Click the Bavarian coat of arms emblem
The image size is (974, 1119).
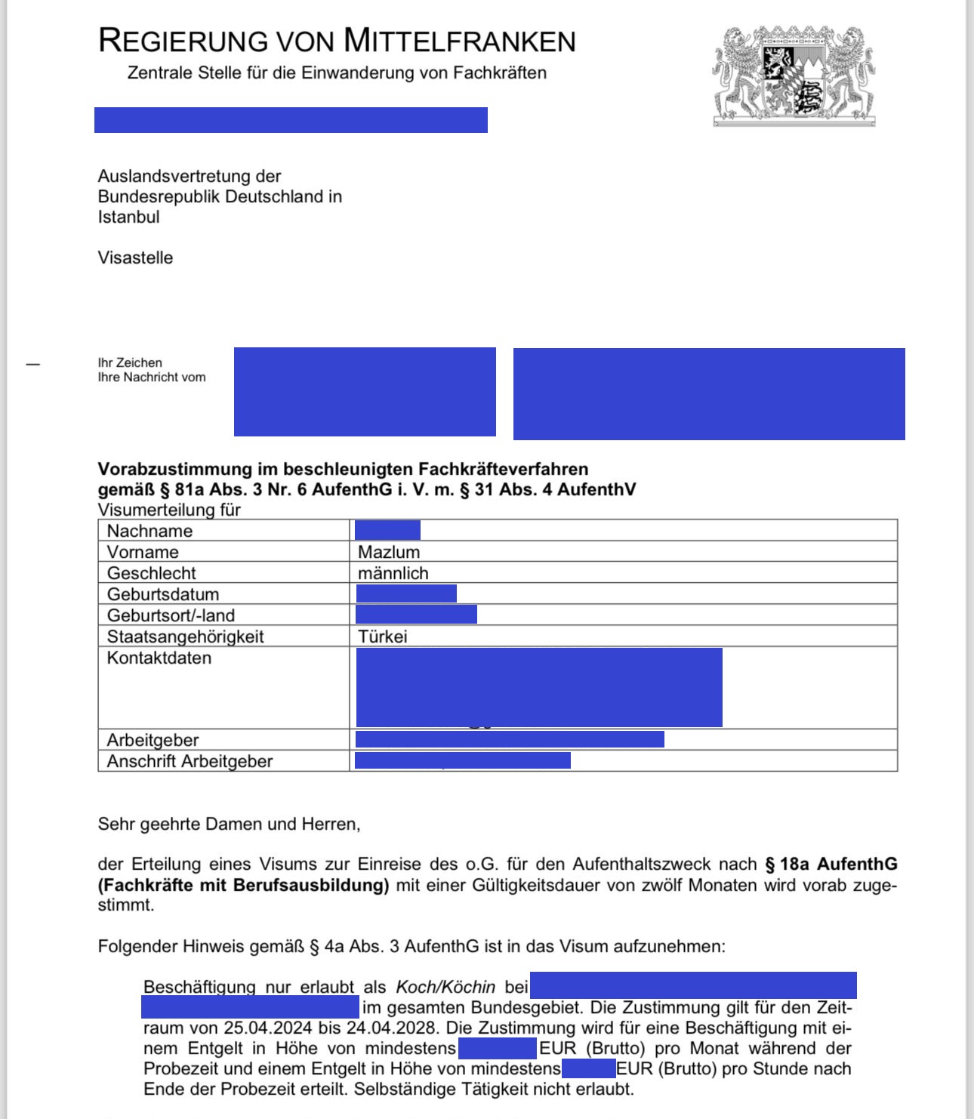click(x=794, y=76)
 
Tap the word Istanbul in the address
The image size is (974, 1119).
click(x=128, y=217)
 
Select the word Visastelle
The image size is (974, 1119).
click(x=135, y=258)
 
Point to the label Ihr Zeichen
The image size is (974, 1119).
click(x=130, y=363)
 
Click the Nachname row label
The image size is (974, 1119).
click(x=149, y=531)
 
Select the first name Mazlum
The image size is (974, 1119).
click(x=389, y=552)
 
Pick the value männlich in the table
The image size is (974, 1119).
click(x=393, y=573)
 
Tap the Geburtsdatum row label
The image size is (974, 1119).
click(x=162, y=594)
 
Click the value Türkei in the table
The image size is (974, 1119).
click(x=382, y=637)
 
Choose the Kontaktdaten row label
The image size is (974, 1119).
click(x=159, y=658)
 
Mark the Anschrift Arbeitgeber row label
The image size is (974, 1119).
click(x=190, y=761)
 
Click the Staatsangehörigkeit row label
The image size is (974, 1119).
click(x=185, y=637)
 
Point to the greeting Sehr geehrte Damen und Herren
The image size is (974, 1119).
click(x=229, y=824)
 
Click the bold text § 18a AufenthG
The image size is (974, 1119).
click(x=831, y=865)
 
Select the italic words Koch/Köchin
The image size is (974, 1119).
click(x=445, y=987)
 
